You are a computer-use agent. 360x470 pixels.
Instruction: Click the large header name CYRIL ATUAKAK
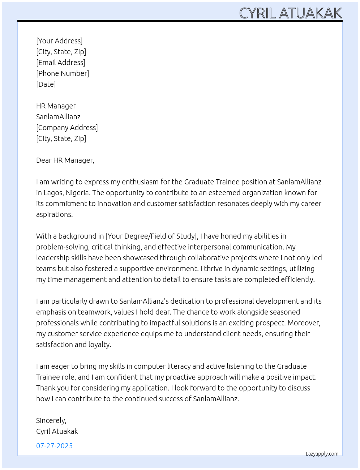pos(290,13)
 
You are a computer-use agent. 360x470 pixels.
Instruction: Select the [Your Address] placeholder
pos(59,41)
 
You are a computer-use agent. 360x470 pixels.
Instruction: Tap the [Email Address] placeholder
pos(61,63)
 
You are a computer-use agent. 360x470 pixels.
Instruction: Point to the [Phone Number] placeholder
pos(63,73)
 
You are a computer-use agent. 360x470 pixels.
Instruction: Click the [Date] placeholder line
pos(46,84)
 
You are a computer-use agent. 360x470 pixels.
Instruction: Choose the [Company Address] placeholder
pos(67,128)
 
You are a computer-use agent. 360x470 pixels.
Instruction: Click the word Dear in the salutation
pos(44,160)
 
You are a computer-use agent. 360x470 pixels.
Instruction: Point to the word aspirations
pos(54,214)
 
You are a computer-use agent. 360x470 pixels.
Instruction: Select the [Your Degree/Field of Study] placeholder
pos(151,236)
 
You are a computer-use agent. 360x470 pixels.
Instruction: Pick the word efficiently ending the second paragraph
pos(296,279)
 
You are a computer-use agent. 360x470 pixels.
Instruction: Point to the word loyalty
pos(100,345)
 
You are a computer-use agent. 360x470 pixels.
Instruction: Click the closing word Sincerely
pos(51,420)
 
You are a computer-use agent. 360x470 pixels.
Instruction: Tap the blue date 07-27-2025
pos(54,446)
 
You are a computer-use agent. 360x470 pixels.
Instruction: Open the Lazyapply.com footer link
pos(322,454)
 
